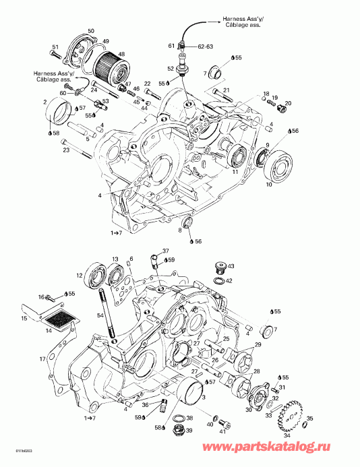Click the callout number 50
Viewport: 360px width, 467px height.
coord(92,31)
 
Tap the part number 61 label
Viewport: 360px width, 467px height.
coord(171,45)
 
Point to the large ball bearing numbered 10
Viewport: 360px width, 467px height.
coord(277,168)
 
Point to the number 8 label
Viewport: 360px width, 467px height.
coord(180,230)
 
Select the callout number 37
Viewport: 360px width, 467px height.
coord(165,251)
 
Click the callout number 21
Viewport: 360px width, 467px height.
coord(227,90)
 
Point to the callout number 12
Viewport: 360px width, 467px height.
coord(98,275)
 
